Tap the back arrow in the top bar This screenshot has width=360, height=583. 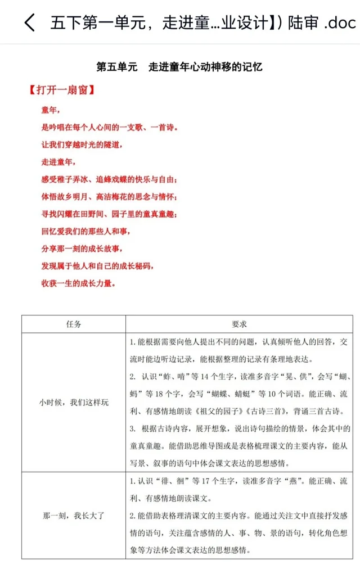[x=29, y=22]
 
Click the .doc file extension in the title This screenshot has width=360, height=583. [x=339, y=23]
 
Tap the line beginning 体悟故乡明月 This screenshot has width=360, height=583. [x=110, y=197]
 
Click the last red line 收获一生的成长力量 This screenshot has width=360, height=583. [x=79, y=283]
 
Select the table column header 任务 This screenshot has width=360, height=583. [x=74, y=324]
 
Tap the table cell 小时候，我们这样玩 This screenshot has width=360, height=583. [x=74, y=403]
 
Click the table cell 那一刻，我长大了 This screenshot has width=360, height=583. [x=74, y=515]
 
